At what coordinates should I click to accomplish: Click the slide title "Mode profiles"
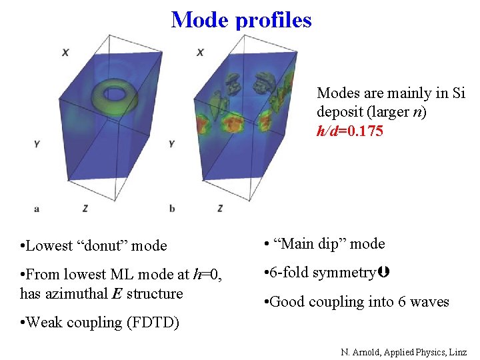pyautogui.click(x=241, y=19)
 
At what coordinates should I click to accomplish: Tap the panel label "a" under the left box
pyautogui.click(x=37, y=208)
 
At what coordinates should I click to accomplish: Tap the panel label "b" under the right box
pyautogui.click(x=172, y=208)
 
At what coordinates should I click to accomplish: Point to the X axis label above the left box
pyautogui.click(x=65, y=52)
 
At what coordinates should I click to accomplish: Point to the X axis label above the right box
pyautogui.click(x=201, y=52)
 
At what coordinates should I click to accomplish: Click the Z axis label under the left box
pyautogui.click(x=85, y=208)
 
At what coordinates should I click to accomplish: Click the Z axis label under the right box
pyautogui.click(x=220, y=208)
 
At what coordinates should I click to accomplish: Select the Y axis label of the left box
pyautogui.click(x=37, y=143)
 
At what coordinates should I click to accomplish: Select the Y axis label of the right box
pyautogui.click(x=172, y=143)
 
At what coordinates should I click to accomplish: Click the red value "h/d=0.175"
pyautogui.click(x=350, y=131)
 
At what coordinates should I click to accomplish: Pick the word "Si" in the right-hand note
pyautogui.click(x=459, y=93)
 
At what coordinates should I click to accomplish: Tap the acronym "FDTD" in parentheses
pyautogui.click(x=157, y=323)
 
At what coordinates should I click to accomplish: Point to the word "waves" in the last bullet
pyautogui.click(x=431, y=302)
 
